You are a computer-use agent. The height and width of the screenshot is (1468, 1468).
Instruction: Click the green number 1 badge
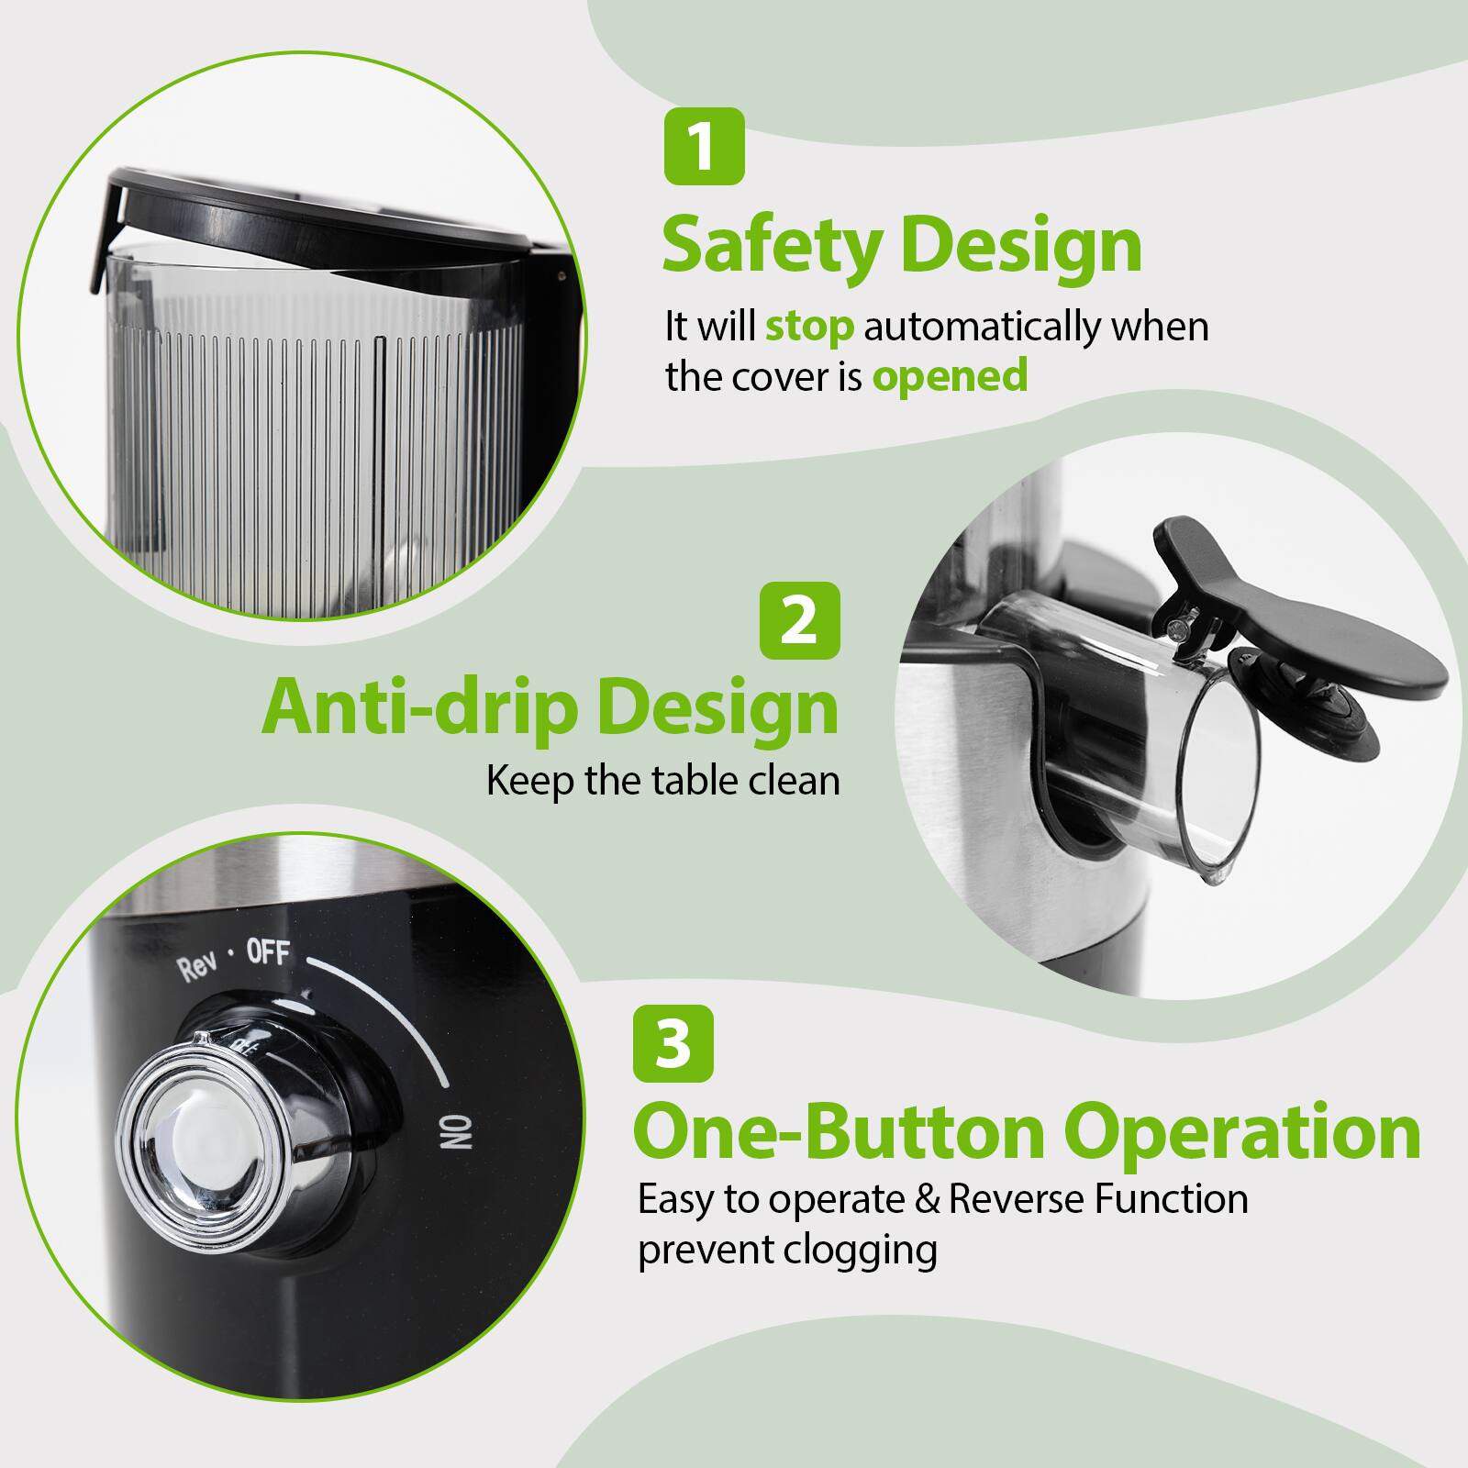point(704,147)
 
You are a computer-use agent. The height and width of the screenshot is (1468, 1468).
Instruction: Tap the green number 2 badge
point(800,620)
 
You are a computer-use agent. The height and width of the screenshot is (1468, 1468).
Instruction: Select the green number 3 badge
point(673,1043)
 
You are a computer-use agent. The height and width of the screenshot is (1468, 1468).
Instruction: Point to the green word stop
point(808,327)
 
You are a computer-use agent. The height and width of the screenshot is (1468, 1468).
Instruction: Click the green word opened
point(950,376)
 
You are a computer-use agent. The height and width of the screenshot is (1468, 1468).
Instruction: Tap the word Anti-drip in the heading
point(420,707)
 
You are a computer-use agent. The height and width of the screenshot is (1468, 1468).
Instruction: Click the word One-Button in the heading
point(839,1132)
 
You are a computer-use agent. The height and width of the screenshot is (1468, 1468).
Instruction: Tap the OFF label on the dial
point(268,954)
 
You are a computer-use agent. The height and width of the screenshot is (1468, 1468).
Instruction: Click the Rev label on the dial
point(196,969)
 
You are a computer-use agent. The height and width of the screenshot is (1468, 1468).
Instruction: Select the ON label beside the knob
point(456,1133)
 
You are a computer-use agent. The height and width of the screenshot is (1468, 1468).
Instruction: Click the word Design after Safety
point(1021,245)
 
